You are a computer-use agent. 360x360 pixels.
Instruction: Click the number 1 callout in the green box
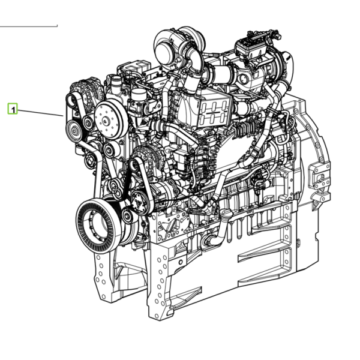click(x=13, y=109)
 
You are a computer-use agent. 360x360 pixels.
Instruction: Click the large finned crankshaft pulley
click(x=99, y=226)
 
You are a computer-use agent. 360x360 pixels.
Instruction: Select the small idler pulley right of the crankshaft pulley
click(x=128, y=215)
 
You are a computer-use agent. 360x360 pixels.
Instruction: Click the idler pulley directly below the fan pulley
click(x=111, y=149)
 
